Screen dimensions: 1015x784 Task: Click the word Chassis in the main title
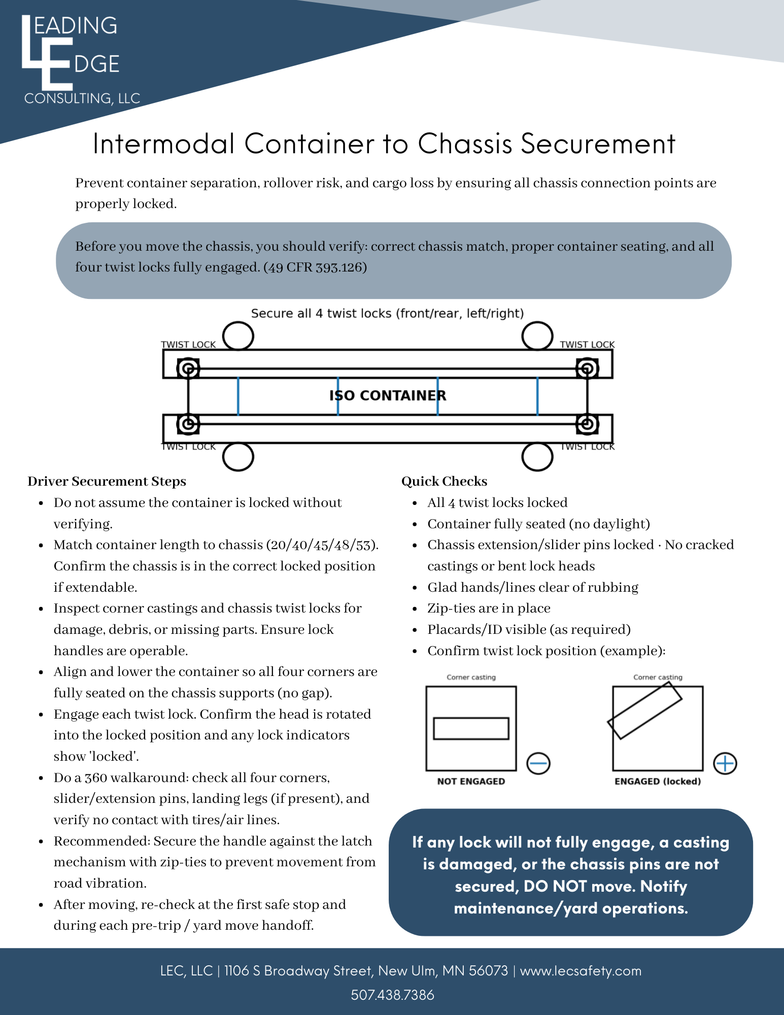pyautogui.click(x=464, y=144)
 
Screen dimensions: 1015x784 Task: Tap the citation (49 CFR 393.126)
pyautogui.click(x=315, y=267)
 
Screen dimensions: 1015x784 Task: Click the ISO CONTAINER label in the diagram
pyautogui.click(x=388, y=395)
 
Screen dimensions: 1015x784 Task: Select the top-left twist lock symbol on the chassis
pyautogui.click(x=188, y=368)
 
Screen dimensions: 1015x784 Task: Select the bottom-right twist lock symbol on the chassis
pyautogui.click(x=587, y=424)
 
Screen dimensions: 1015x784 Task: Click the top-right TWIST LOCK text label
pyautogui.click(x=587, y=345)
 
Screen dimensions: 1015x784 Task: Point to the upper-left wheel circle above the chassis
pyautogui.click(x=238, y=335)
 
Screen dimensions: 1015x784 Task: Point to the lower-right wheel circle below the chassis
pyautogui.click(x=537, y=457)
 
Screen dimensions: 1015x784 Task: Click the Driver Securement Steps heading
pyautogui.click(x=107, y=481)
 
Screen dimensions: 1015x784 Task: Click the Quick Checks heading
pyautogui.click(x=444, y=481)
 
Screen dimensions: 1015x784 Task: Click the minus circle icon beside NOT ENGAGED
pyautogui.click(x=538, y=763)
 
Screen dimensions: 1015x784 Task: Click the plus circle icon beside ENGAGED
pyautogui.click(x=725, y=763)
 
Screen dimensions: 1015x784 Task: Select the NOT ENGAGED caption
pyautogui.click(x=471, y=782)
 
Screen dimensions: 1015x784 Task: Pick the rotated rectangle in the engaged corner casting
pyautogui.click(x=645, y=710)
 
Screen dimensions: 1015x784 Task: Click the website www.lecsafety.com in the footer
pyautogui.click(x=581, y=971)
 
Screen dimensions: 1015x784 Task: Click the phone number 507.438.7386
pyautogui.click(x=392, y=995)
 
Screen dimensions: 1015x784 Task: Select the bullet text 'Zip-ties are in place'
pyautogui.click(x=489, y=608)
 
